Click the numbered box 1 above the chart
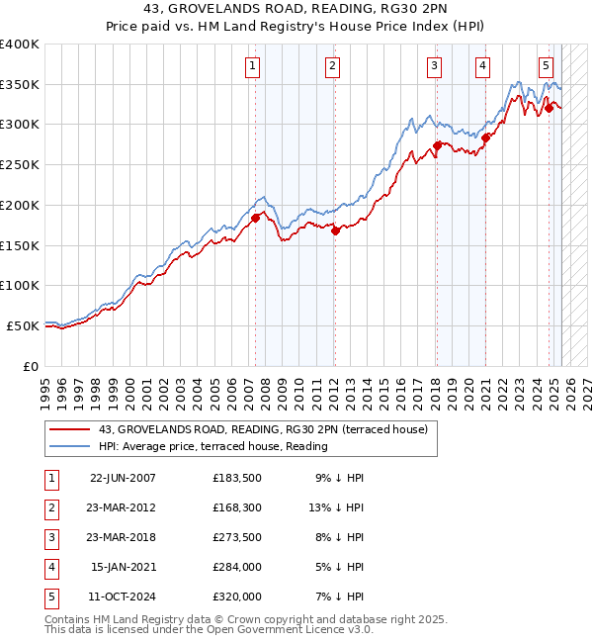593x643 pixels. point(253,66)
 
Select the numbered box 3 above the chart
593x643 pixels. point(434,66)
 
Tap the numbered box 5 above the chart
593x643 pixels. point(546,66)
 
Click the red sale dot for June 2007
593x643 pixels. point(255,218)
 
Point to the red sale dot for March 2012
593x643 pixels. point(335,230)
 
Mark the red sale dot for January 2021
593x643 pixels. point(485,138)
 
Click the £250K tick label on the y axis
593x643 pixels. point(20,164)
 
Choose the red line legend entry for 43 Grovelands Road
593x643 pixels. point(263,429)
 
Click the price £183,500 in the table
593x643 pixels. point(237,478)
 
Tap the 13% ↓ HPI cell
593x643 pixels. point(337,507)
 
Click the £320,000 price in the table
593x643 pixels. point(237,597)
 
